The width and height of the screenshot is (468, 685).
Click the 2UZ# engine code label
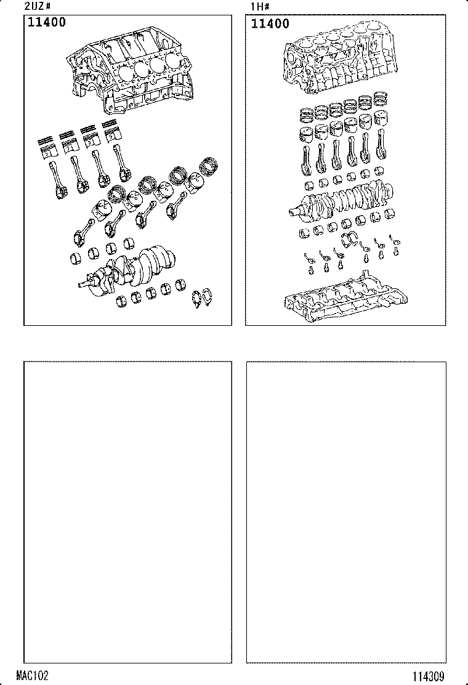[x=38, y=6]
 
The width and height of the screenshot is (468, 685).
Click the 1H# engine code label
[x=259, y=7]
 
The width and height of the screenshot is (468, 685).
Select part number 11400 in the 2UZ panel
[x=47, y=22]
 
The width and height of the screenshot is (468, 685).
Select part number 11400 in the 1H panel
[x=270, y=23]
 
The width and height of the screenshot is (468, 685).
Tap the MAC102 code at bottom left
[x=32, y=675]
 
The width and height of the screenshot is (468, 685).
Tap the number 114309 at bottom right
[x=428, y=677]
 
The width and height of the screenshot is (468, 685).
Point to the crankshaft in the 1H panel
[x=341, y=201]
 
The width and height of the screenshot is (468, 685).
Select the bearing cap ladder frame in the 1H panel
[x=345, y=299]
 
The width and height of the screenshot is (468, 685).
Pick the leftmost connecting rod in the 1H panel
[x=306, y=160]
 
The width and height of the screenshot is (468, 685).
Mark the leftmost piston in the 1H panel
[x=307, y=134]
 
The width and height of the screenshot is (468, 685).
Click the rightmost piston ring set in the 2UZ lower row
[x=208, y=166]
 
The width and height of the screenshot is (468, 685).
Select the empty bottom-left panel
[x=127, y=512]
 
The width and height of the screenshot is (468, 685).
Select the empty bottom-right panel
[x=346, y=512]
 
